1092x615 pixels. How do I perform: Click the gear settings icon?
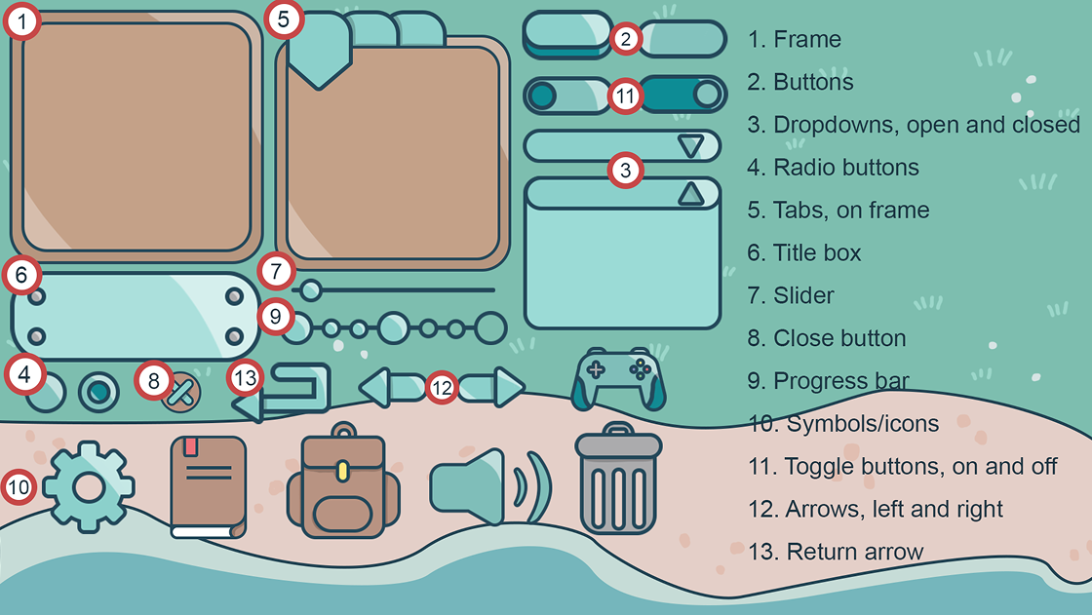pyautogui.click(x=89, y=487)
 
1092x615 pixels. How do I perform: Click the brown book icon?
pyautogui.click(x=209, y=487)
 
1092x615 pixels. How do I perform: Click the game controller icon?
pyautogui.click(x=618, y=379)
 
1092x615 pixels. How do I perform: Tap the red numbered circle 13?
pyautogui.click(x=245, y=378)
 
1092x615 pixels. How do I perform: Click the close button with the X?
pyautogui.click(x=181, y=393)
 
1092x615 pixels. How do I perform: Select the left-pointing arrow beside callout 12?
pyautogui.click(x=391, y=388)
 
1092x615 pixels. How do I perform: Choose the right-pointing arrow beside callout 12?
pyautogui.click(x=491, y=387)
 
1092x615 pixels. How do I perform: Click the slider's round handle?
pyautogui.click(x=311, y=289)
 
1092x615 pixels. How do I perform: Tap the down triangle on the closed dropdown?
pyautogui.click(x=690, y=146)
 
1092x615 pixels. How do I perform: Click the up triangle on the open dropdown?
pyautogui.click(x=691, y=194)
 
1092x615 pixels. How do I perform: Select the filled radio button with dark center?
pyautogui.click(x=98, y=392)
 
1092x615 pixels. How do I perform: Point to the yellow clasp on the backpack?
pyautogui.click(x=342, y=471)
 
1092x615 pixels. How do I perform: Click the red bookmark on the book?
pyautogui.click(x=191, y=445)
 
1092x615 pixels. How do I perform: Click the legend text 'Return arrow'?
pyautogui.click(x=854, y=552)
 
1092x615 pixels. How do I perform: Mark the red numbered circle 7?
pyautogui.click(x=277, y=271)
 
